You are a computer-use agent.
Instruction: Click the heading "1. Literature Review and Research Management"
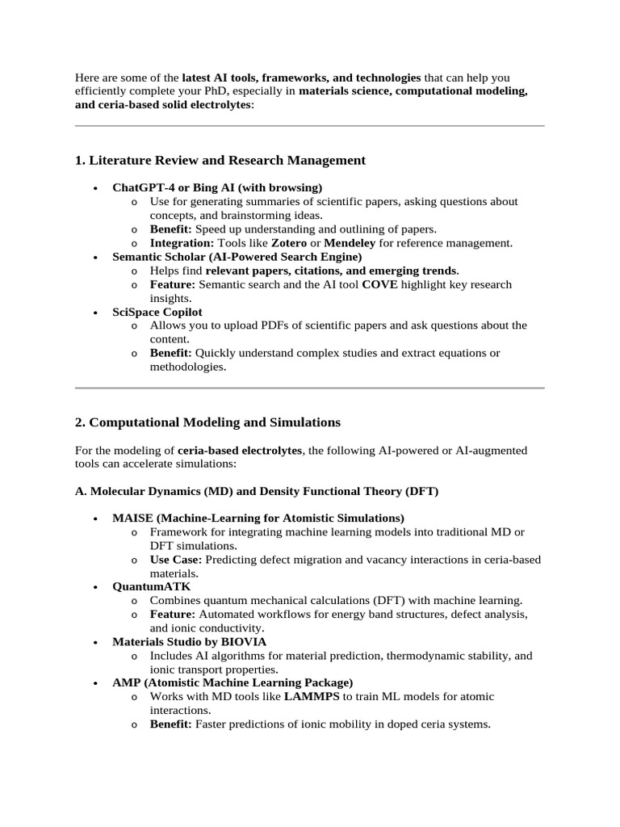tap(220, 161)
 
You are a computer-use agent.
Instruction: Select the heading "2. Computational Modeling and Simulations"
tap(207, 422)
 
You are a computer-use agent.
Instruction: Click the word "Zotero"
tap(288, 242)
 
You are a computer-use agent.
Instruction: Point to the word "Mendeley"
tap(350, 242)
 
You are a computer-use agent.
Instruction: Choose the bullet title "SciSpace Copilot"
tap(157, 312)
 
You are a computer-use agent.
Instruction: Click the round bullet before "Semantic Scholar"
tap(96, 258)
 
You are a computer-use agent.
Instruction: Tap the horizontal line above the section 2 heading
tap(309, 388)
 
